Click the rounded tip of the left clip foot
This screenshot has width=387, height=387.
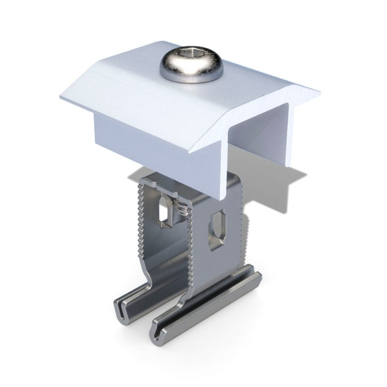(119, 310)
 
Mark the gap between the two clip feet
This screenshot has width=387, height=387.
(145, 317)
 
